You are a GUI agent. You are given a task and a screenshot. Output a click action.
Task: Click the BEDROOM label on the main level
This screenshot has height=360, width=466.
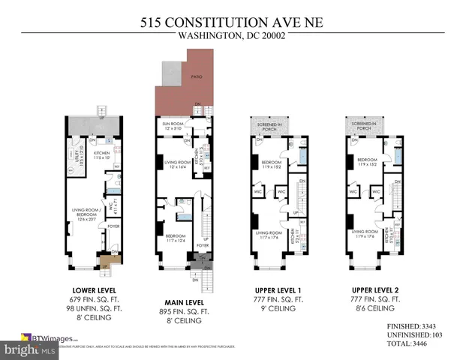click(176, 238)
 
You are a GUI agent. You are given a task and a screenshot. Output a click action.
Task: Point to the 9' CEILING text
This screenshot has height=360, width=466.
click(278, 307)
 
